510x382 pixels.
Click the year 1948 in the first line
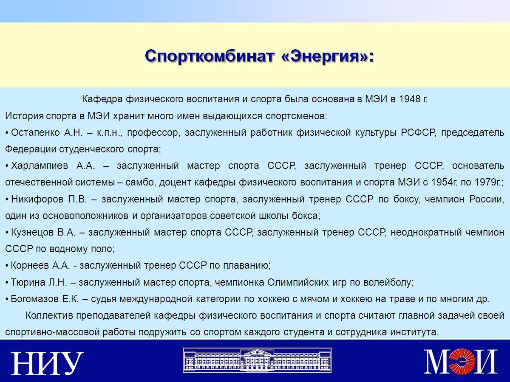(x=410, y=99)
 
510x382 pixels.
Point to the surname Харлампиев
(x=40, y=166)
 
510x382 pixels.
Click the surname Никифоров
(x=37, y=199)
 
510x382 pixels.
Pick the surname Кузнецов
(x=32, y=233)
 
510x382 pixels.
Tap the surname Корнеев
(x=29, y=266)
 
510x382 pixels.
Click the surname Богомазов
(x=34, y=299)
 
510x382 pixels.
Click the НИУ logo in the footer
(x=48, y=363)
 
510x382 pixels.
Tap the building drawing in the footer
(x=257, y=360)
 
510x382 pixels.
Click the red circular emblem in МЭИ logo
(x=461, y=361)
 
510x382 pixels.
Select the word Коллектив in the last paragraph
(x=49, y=316)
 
